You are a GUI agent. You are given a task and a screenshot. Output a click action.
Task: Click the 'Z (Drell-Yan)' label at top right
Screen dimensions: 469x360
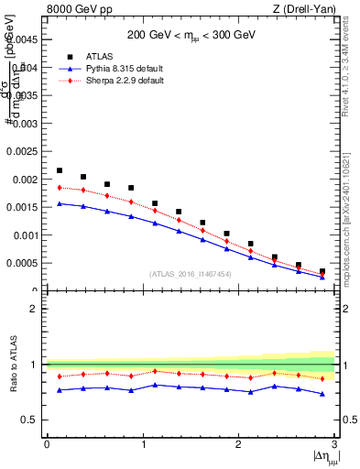tap(305, 9)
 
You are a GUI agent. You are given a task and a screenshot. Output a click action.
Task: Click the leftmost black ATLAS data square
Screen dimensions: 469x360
tap(60, 170)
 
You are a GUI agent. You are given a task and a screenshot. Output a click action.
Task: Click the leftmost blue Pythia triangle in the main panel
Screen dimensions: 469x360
tap(60, 203)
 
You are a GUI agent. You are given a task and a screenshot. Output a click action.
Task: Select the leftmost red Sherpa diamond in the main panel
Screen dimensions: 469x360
tap(60, 187)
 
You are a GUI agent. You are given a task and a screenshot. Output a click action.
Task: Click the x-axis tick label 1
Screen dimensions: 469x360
tap(143, 444)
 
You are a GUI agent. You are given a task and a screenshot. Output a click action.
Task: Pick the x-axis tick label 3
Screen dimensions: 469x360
tap(335, 444)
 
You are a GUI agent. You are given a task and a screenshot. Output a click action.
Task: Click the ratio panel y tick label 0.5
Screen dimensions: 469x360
tap(30, 420)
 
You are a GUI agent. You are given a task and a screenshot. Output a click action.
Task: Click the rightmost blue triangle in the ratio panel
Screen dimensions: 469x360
tap(322, 394)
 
